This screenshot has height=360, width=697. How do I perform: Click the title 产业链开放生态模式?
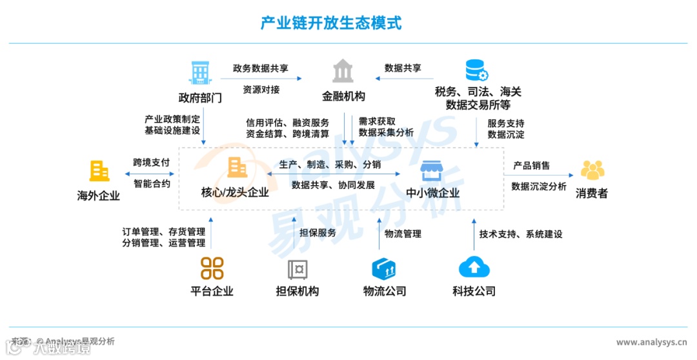pyautogui.click(x=330, y=23)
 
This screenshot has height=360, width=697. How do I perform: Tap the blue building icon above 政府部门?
pyautogui.click(x=200, y=72)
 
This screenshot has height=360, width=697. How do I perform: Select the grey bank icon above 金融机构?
pyautogui.click(x=343, y=71)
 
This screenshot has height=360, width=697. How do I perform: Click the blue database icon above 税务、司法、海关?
pyautogui.click(x=477, y=70)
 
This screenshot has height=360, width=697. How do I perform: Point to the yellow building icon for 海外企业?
pyautogui.click(x=99, y=171)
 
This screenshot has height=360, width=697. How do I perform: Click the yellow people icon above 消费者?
pyautogui.click(x=592, y=170)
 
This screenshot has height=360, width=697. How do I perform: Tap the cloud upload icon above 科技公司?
pyautogui.click(x=474, y=267)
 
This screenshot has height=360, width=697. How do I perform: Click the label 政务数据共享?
pyautogui.click(x=261, y=68)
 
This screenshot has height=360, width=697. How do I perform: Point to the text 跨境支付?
pyautogui.click(x=152, y=163)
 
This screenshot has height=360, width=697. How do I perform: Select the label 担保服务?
pyautogui.click(x=318, y=233)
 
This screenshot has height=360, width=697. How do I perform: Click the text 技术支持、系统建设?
pyautogui.click(x=521, y=234)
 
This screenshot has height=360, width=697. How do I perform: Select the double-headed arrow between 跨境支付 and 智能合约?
pyautogui.click(x=152, y=174)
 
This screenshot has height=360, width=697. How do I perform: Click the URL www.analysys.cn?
pyautogui.click(x=651, y=342)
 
